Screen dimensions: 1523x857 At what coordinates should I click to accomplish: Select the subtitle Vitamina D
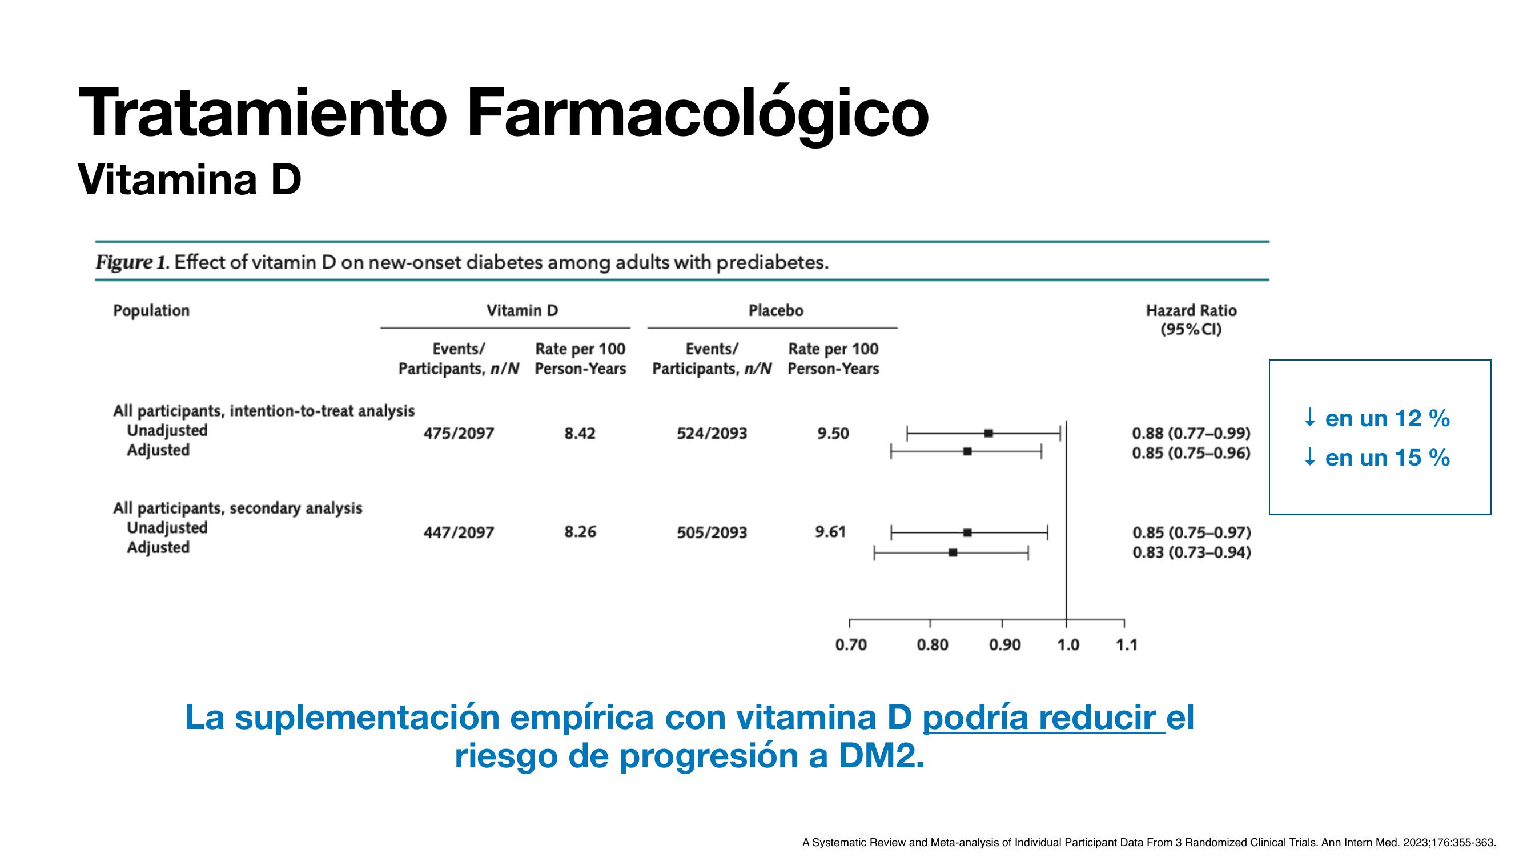point(189,179)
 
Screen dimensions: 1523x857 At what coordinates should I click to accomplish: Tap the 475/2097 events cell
point(458,434)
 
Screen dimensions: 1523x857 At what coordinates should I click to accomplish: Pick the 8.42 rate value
point(580,434)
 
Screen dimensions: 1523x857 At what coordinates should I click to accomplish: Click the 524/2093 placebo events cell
point(712,434)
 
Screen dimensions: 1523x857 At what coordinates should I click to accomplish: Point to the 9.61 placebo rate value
point(830,532)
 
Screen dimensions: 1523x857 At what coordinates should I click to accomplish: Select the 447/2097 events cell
point(458,532)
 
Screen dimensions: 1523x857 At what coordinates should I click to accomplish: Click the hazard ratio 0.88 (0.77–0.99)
point(1191,434)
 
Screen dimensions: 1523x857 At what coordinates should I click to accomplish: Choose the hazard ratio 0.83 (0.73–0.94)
point(1191,552)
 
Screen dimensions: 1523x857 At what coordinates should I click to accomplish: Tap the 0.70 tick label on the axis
point(851,644)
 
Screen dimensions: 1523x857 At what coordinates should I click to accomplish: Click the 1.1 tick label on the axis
point(1126,644)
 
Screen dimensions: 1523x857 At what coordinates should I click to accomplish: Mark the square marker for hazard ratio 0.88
point(988,434)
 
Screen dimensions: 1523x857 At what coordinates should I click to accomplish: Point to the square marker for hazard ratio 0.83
point(953,553)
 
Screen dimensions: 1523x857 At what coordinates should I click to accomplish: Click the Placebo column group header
point(775,310)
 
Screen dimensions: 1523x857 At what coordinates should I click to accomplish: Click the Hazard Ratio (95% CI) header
point(1191,320)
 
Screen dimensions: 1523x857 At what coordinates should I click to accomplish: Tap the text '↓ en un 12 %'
point(1376,419)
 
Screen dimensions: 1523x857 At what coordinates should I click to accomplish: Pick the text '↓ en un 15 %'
point(1376,458)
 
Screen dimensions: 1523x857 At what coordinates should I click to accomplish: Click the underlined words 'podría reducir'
point(1039,718)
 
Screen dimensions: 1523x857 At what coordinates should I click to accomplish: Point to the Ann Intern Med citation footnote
point(1149,842)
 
